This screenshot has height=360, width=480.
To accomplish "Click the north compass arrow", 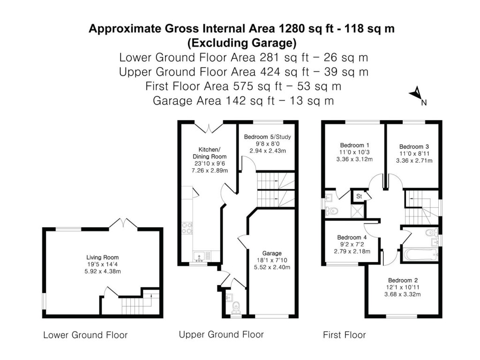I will pyautogui.click(x=415, y=94).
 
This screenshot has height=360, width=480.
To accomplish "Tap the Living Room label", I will pyautogui.click(x=102, y=257).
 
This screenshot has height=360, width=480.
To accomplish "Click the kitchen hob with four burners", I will pyautogui.click(x=187, y=227).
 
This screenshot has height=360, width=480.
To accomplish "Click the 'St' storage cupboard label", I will pyautogui.click(x=360, y=196).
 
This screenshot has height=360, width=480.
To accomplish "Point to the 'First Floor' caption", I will pyautogui.click(x=344, y=335).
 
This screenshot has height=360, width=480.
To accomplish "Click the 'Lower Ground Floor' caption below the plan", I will pyautogui.click(x=85, y=335).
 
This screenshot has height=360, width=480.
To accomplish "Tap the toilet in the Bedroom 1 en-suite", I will pyautogui.click(x=332, y=211).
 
